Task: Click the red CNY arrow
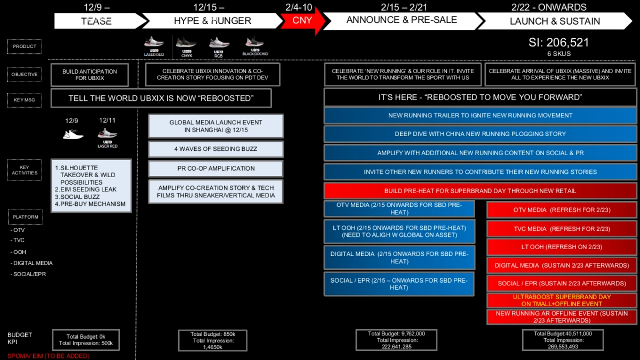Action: coord(302,21)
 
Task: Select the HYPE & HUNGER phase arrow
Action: coord(212,21)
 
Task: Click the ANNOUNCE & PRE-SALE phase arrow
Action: coord(401,20)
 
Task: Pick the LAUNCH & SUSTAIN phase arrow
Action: coord(555,21)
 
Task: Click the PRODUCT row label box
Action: coord(25,46)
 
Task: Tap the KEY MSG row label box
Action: coord(25,100)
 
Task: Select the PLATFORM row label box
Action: coord(25,217)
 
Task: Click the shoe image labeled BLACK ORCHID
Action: coord(255,43)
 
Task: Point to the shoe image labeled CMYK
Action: coord(186,43)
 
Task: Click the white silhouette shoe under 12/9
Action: coord(73,134)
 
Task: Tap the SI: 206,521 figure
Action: coord(558,43)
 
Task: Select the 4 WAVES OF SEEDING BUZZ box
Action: coord(215,149)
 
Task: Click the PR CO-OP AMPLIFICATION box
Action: coord(215,169)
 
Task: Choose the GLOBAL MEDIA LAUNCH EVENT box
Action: coord(215,126)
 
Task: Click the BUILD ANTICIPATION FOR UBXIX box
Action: coord(90,75)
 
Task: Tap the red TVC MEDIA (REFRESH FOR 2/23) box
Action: coord(561,229)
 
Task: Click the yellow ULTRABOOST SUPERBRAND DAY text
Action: coord(561,300)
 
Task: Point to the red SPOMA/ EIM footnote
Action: coord(49,356)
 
